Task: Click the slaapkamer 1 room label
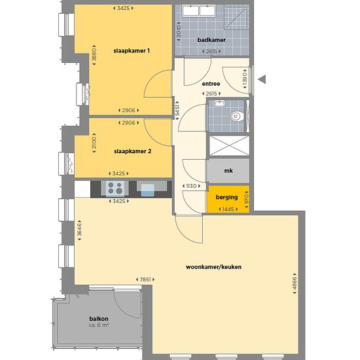(x=132, y=51)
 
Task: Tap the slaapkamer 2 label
(x=133, y=151)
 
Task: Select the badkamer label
(x=211, y=40)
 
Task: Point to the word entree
(x=211, y=84)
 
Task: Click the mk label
(x=228, y=171)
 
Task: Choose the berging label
(x=226, y=197)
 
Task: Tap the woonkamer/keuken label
(x=213, y=267)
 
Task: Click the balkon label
(x=99, y=319)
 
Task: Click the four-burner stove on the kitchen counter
(x=115, y=188)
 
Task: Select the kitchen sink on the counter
(x=148, y=190)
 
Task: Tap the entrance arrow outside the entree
(x=262, y=79)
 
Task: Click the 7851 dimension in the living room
(x=145, y=279)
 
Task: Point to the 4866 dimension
(x=295, y=283)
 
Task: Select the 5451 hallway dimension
(x=177, y=111)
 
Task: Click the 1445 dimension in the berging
(x=228, y=209)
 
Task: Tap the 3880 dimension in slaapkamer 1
(x=94, y=55)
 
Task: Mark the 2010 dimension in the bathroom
(x=179, y=31)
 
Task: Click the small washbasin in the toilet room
(x=220, y=103)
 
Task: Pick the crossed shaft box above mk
(x=229, y=146)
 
